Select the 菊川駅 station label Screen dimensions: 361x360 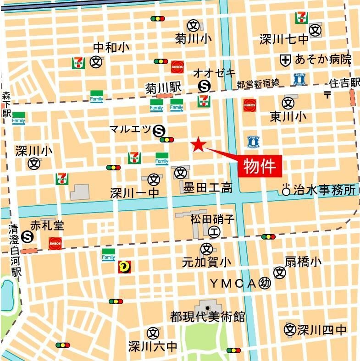[164, 87]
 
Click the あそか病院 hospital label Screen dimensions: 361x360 [323, 59]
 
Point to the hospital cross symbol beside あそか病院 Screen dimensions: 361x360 [285, 60]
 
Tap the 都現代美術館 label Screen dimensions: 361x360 [207, 317]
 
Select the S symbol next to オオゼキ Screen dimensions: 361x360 [205, 86]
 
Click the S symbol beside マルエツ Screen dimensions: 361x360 [160, 131]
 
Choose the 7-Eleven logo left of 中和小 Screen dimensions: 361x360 [78, 63]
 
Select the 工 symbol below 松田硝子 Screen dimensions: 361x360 [214, 232]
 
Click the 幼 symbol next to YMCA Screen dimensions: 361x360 [265, 283]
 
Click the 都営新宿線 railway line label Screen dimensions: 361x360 [258, 84]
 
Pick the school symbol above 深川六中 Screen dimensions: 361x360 [153, 333]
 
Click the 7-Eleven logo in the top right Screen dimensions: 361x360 [302, 18]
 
